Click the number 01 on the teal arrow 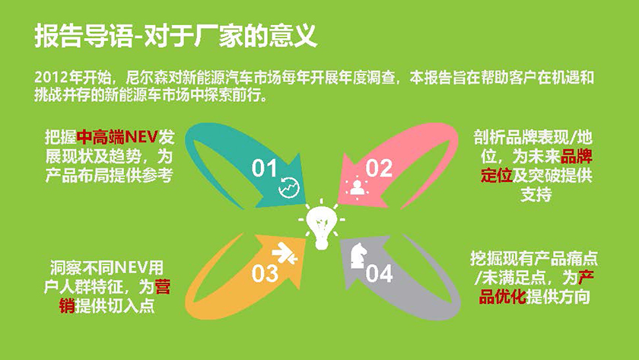pyautogui.click(x=265, y=168)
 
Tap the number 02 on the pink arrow pyautogui.click(x=379, y=168)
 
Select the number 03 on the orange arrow pyautogui.click(x=265, y=273)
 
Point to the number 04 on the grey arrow pyautogui.click(x=379, y=273)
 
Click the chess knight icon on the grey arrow pyautogui.click(x=358, y=256)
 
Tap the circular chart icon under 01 pyautogui.click(x=289, y=187)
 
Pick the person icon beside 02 pyautogui.click(x=357, y=188)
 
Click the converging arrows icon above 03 pyautogui.click(x=285, y=253)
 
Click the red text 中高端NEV pyautogui.click(x=117, y=138)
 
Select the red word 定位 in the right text pyautogui.click(x=496, y=176)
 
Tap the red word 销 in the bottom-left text pyautogui.click(x=67, y=306)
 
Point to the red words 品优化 pyautogui.click(x=502, y=296)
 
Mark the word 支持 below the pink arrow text pyautogui.click(x=536, y=195)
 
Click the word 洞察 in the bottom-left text pyautogui.click(x=66, y=268)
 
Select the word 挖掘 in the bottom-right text pyautogui.click(x=486, y=258)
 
